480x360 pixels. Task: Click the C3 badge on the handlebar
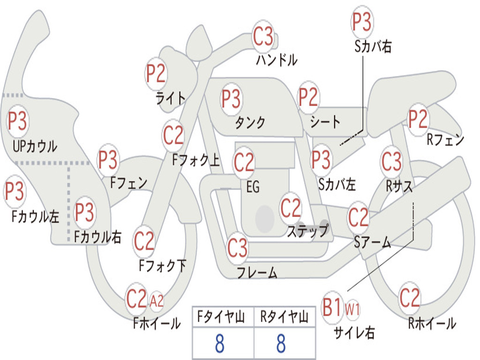coord(263,37)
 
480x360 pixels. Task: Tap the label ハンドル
coord(277,60)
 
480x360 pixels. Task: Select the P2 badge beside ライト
coord(156,74)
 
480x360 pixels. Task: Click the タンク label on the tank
coord(250,123)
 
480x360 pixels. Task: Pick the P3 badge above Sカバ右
coord(361,22)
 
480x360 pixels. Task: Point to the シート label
coord(325,122)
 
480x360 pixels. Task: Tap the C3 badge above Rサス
coord(391,161)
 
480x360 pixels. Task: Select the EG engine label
coord(253,187)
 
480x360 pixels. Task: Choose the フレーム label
coord(257,272)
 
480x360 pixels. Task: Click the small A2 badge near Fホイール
coord(157,301)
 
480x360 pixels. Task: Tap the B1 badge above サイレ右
coord(332,307)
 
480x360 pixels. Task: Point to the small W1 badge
coord(352,309)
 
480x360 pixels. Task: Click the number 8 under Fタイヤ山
coord(220,344)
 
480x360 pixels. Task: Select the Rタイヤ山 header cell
coord(285,317)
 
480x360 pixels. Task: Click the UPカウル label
coord(35,146)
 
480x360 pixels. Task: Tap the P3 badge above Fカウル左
coord(15,191)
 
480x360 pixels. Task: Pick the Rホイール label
coord(432,323)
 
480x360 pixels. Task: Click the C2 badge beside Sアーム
coord(358,217)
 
